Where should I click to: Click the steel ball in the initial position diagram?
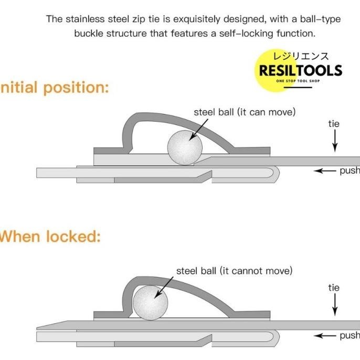(x=185, y=147)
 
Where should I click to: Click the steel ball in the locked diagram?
(x=150, y=303)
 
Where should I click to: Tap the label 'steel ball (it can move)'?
(x=245, y=112)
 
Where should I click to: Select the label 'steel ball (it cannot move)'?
(x=234, y=271)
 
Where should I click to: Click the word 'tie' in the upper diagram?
(x=334, y=124)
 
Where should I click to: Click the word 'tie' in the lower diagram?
(x=334, y=288)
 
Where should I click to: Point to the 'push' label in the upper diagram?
(x=350, y=171)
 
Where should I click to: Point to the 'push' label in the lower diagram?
(x=350, y=335)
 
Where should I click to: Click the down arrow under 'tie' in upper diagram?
(x=334, y=141)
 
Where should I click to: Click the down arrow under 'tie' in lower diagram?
(x=334, y=304)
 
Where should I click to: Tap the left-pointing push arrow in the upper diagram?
(x=325, y=171)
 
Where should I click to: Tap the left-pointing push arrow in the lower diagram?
(x=325, y=335)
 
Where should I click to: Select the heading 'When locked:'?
(x=49, y=236)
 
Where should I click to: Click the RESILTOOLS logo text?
(x=301, y=71)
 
